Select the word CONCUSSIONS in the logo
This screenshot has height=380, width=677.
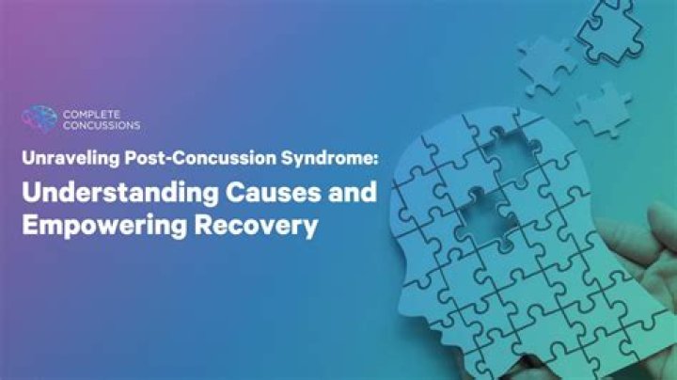tap(102, 125)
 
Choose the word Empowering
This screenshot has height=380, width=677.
tap(112, 228)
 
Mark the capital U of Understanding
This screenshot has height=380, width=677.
tap(34, 195)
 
